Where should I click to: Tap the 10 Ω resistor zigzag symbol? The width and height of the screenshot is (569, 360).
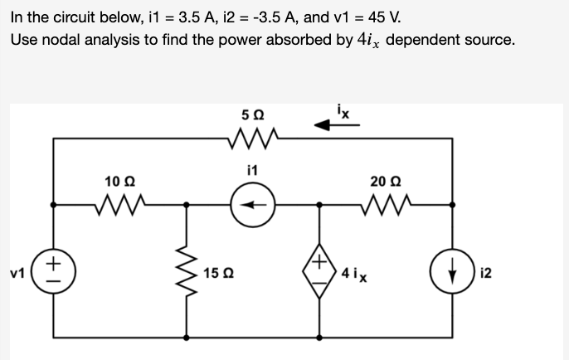(x=120, y=202)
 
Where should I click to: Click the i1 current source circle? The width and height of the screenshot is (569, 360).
(x=253, y=203)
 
